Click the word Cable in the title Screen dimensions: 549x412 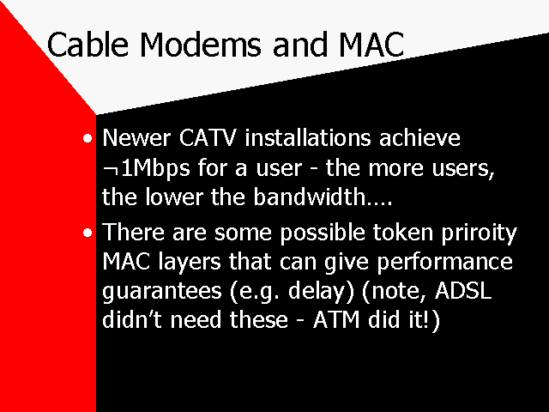pos(87,45)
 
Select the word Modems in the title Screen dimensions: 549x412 pos(200,45)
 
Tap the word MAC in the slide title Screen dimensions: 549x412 pos(371,45)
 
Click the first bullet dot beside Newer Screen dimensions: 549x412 pos(87,138)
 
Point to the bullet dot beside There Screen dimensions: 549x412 pos(87,233)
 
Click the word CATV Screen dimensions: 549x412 pos(208,137)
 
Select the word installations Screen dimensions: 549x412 pos(307,137)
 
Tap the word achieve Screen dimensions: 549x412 pos(419,137)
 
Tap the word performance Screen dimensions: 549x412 pos(444,263)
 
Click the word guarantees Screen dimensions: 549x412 pos(162,292)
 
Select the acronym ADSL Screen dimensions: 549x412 pos(463,290)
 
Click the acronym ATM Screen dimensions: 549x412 pos(336,320)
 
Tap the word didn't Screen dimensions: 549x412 pos(132,319)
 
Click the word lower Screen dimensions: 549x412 pos(174,197)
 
